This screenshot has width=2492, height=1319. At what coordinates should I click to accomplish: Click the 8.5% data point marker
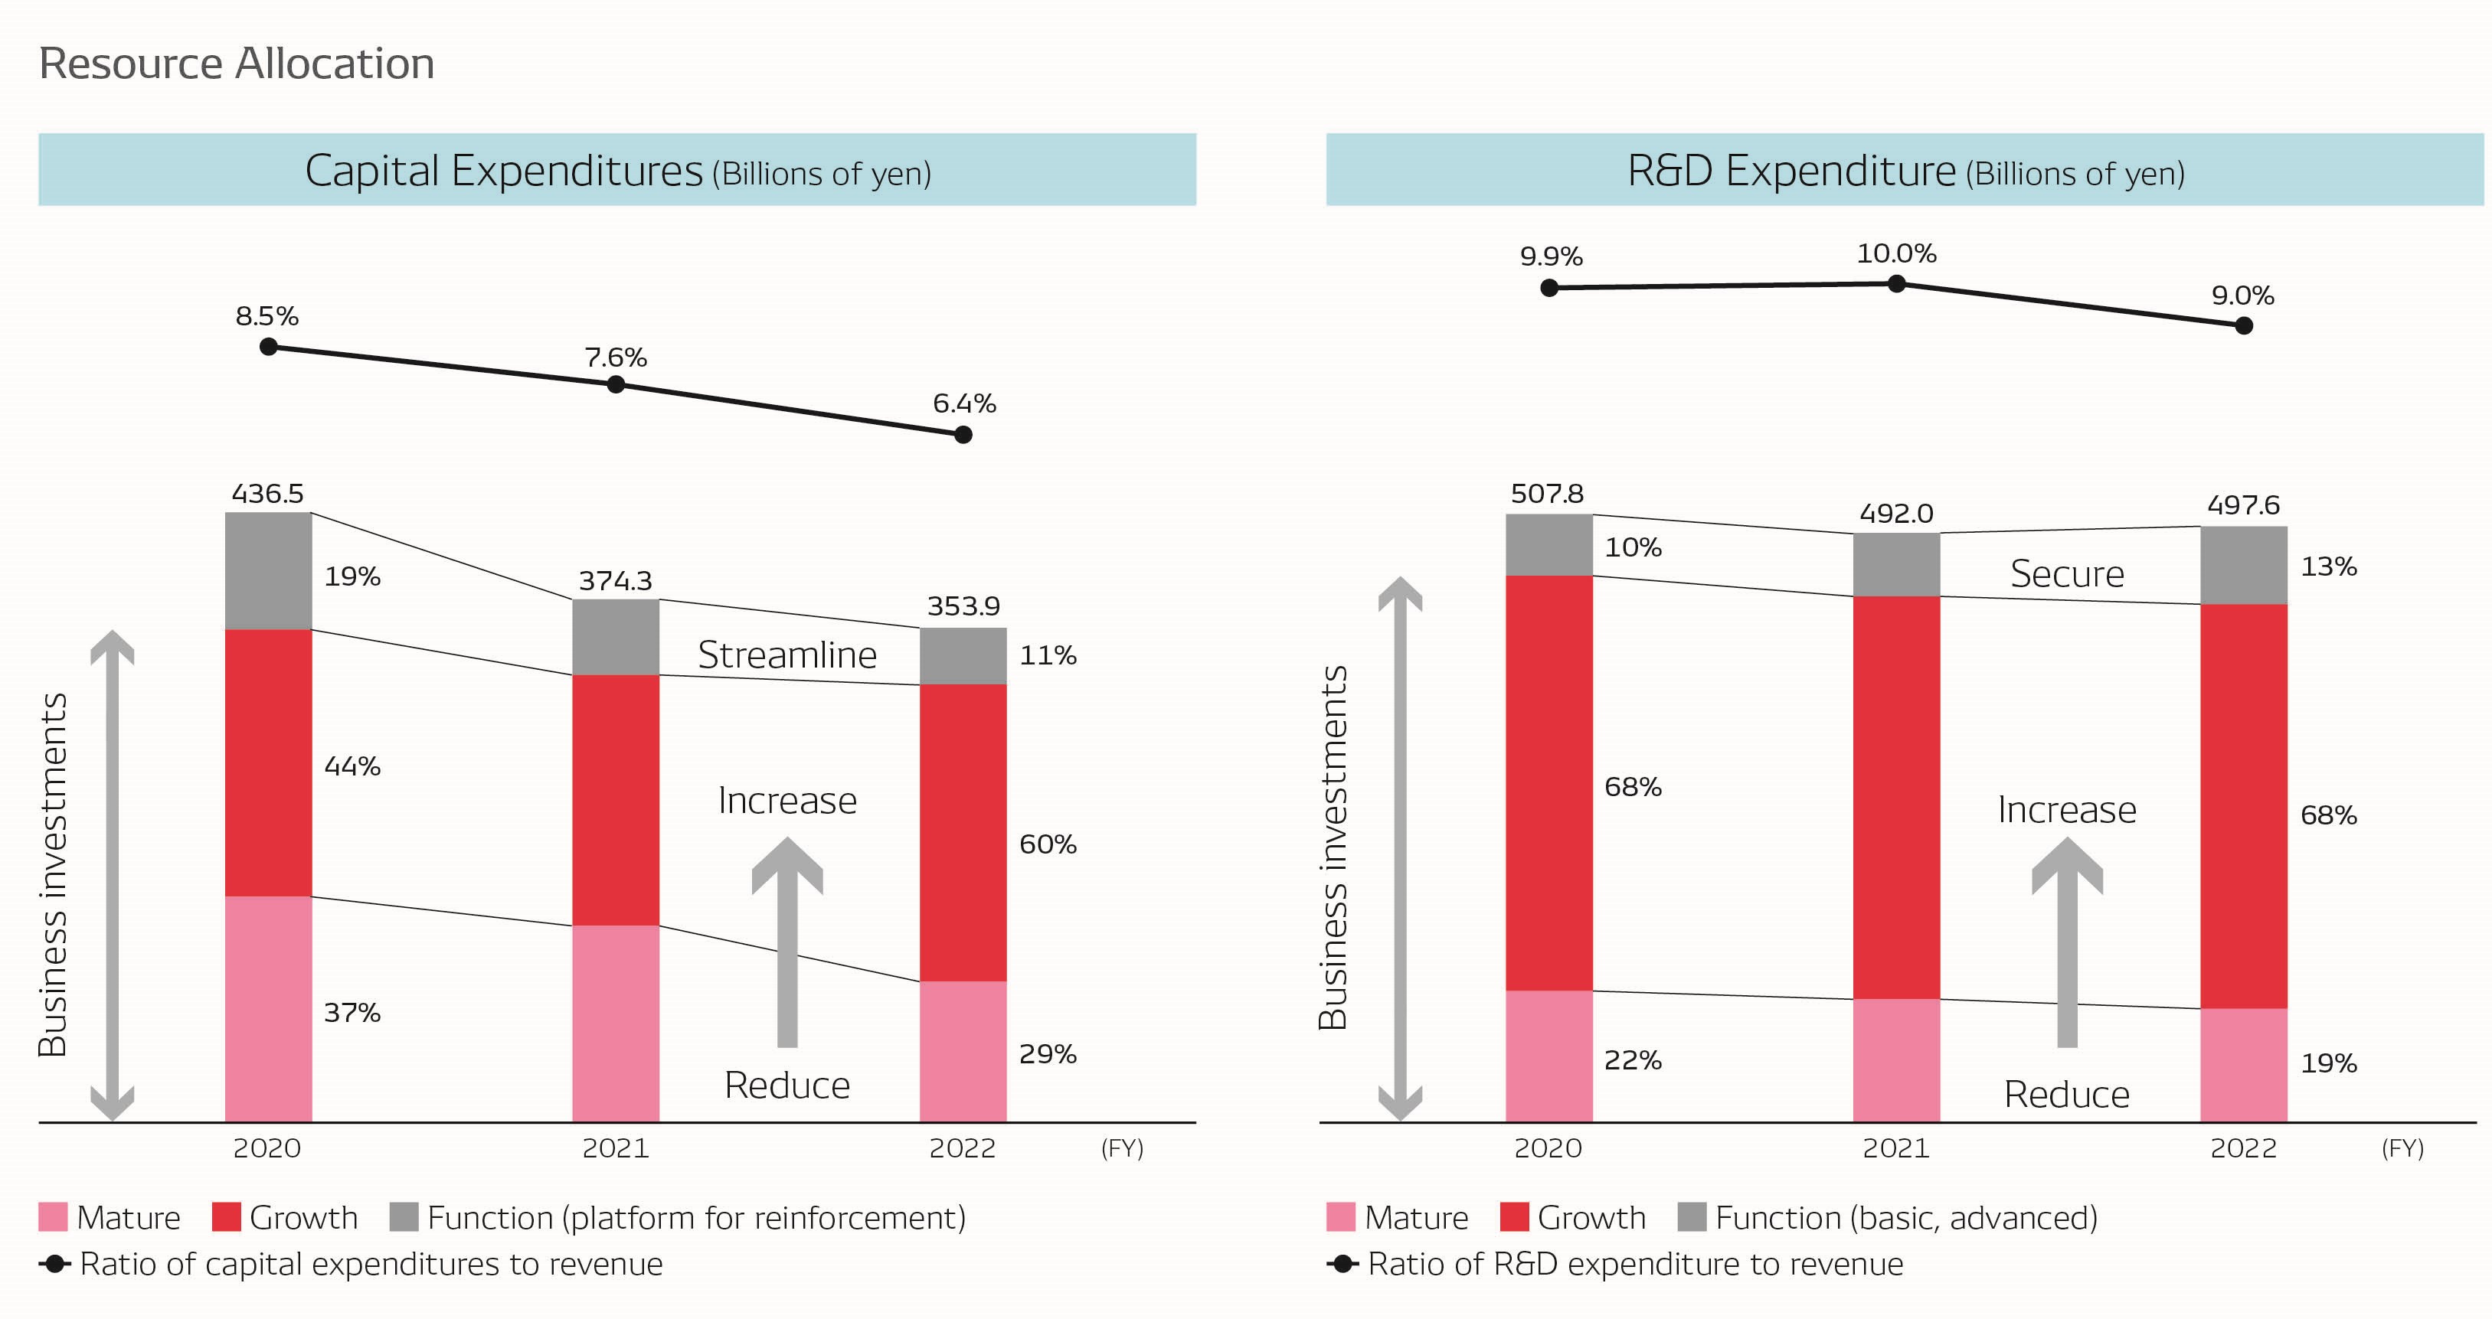point(269,346)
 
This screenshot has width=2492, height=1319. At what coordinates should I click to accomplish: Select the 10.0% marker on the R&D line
point(1897,283)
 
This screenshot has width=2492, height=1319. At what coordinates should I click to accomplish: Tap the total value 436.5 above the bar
point(268,494)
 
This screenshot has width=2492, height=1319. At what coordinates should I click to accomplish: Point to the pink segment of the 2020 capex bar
point(268,1009)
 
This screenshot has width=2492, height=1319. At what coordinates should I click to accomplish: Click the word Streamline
point(787,655)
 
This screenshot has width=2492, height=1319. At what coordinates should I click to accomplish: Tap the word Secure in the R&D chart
point(2067,574)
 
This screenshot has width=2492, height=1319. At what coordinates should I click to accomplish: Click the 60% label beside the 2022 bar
point(1048,844)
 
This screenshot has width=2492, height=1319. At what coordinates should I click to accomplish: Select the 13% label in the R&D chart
point(2329,566)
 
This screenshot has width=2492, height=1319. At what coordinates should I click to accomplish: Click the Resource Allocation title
point(236,64)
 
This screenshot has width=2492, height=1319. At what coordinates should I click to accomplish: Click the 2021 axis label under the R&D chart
point(1896,1149)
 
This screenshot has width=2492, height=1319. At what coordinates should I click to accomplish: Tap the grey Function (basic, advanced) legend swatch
point(1692,1217)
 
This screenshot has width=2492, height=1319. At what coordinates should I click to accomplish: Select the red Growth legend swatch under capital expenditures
point(227,1217)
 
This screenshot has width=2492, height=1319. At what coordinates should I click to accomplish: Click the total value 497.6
point(2243,504)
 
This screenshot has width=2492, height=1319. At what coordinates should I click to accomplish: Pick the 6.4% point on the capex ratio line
point(963,434)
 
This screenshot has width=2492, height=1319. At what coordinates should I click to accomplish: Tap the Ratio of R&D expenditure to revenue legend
point(1634,1264)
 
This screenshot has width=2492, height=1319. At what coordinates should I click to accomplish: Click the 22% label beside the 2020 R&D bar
point(1633,1061)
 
